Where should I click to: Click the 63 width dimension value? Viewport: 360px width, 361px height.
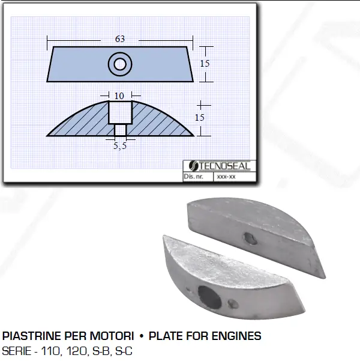(x=120, y=39)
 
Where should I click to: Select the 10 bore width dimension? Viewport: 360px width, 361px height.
(x=119, y=96)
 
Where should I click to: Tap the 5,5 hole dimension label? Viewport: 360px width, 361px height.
(x=120, y=146)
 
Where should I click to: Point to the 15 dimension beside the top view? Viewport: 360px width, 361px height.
(x=205, y=64)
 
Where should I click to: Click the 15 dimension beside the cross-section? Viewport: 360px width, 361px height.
(x=199, y=118)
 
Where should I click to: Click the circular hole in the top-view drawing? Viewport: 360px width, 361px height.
(x=120, y=64)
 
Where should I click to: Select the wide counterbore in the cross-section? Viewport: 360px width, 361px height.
(x=120, y=112)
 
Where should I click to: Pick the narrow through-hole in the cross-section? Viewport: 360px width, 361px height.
(x=121, y=130)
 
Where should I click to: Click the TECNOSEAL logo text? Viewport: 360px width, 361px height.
(x=224, y=166)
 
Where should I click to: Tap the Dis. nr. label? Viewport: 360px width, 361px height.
(x=193, y=177)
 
